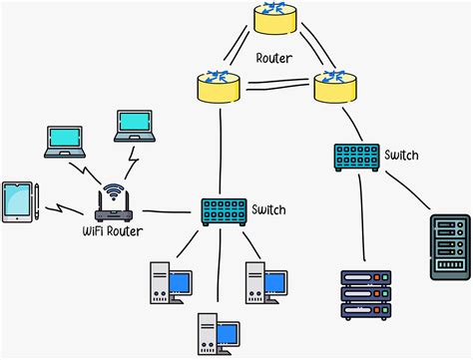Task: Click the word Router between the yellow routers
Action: point(273,59)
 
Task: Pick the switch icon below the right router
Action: point(356,156)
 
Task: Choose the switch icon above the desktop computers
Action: point(223,210)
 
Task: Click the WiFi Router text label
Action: point(111,233)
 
